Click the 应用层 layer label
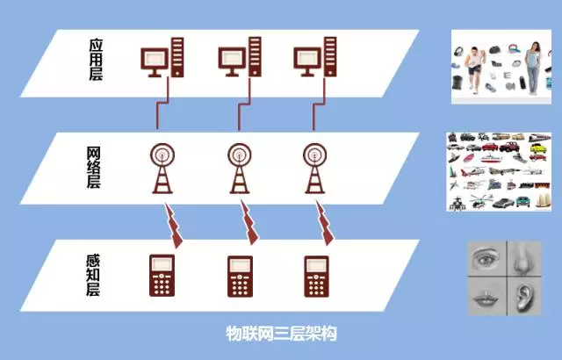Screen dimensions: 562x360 pos(96,60)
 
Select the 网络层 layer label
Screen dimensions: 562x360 pos(94,167)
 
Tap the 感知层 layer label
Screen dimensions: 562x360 pos(93,275)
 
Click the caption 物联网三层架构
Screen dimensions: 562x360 pos(281,333)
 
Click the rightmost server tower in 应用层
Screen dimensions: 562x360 pos(330,57)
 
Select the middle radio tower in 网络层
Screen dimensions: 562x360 pos(240,169)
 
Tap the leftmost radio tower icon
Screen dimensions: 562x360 pos(162,169)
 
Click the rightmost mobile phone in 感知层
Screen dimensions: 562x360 pos(316,277)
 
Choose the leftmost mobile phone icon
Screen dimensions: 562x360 pos(162,276)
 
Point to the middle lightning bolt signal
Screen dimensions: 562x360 pos(249,223)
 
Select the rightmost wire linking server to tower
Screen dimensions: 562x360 pos(319,104)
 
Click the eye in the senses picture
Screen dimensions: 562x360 pos(486,258)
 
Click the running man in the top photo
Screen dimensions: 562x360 pos(475,70)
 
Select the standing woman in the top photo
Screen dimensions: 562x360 pos(533,68)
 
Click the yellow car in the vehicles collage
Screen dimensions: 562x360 pos(537,148)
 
